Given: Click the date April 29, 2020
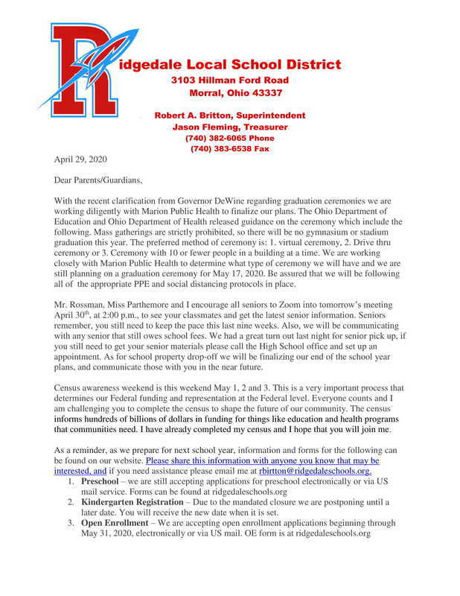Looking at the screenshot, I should [x=80, y=159].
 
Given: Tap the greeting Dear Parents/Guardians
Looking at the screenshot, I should [x=98, y=180].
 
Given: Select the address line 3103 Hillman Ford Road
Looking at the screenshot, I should [x=230, y=80].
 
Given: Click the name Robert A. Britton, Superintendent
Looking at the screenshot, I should [x=229, y=115].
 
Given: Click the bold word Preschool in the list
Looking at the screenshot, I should [x=104, y=482].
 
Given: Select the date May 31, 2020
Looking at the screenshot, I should [x=112, y=534].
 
